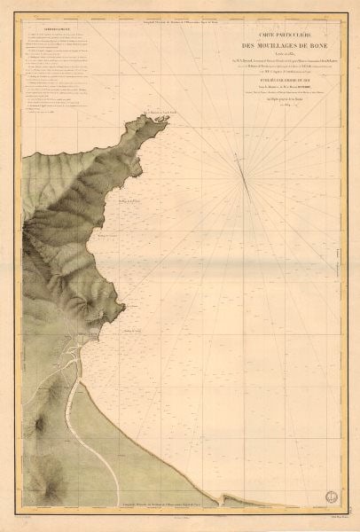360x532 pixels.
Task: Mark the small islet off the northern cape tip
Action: [167, 116]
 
